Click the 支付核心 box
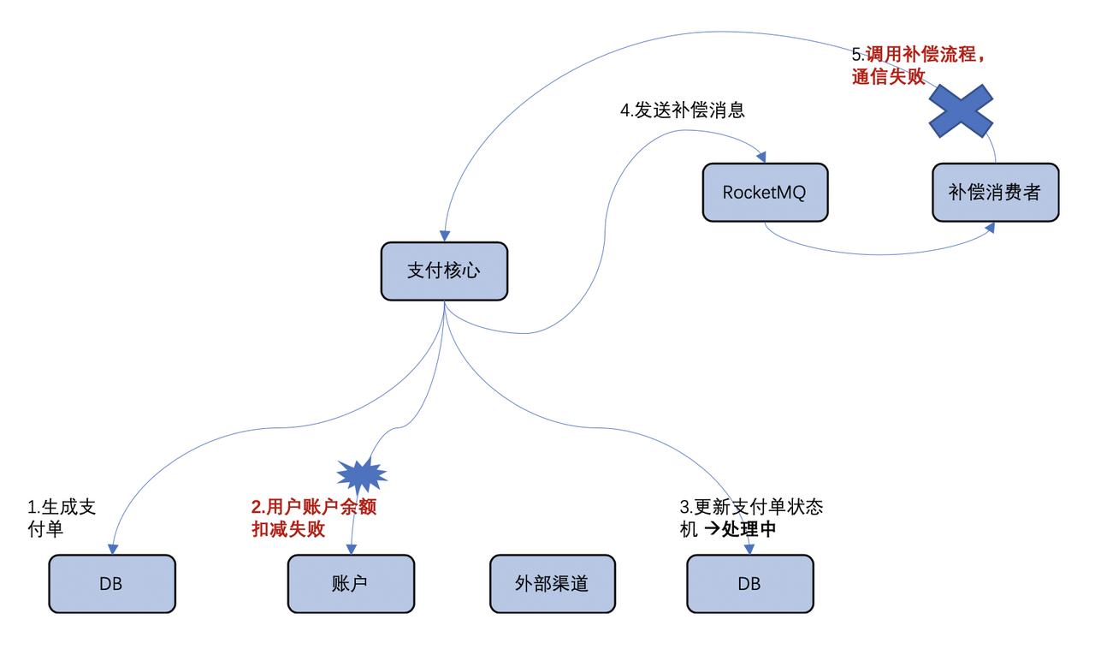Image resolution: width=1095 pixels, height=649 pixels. (x=444, y=271)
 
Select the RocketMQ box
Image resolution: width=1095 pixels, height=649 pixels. (x=765, y=193)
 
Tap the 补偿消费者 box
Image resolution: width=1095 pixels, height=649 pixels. (x=995, y=193)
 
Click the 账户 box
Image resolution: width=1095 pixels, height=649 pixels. (x=350, y=584)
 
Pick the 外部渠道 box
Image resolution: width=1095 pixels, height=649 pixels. (x=552, y=584)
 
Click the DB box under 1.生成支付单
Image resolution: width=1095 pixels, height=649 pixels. (x=111, y=584)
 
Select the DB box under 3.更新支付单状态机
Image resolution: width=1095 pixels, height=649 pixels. (x=749, y=584)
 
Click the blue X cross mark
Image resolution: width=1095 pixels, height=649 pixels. (x=961, y=110)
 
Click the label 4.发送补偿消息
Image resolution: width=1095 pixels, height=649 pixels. (x=682, y=110)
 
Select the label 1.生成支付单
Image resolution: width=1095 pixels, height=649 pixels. (x=62, y=518)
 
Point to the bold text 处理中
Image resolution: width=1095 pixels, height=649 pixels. (x=749, y=529)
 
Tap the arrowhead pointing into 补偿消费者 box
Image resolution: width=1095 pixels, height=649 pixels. (x=990, y=227)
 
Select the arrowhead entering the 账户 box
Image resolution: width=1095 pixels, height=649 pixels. (x=351, y=549)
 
